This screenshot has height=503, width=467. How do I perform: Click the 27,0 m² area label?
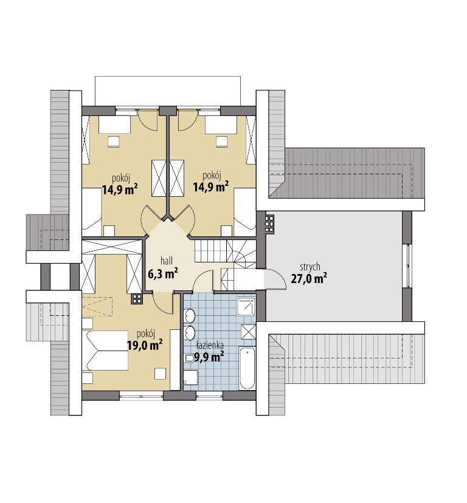(309, 278)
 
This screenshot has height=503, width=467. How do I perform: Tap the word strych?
(310, 267)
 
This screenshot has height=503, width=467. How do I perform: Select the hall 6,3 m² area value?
(163, 273)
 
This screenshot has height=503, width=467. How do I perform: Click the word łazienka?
(210, 346)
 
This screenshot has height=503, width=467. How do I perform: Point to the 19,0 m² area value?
(145, 345)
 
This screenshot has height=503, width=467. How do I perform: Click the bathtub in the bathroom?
(247, 368)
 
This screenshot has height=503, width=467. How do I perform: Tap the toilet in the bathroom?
(190, 358)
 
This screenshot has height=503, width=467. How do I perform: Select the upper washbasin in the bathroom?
(190, 317)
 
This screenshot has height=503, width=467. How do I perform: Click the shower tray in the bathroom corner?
(246, 306)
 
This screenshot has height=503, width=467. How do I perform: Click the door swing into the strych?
(275, 279)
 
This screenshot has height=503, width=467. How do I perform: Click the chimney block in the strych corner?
(269, 223)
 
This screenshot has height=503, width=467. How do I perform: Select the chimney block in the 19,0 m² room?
(137, 299)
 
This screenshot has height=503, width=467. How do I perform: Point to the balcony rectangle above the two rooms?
(168, 91)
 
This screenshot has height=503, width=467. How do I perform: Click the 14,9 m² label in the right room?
(210, 186)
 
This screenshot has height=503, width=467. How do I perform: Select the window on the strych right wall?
(407, 266)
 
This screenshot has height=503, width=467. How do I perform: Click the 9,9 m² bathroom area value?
(209, 357)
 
